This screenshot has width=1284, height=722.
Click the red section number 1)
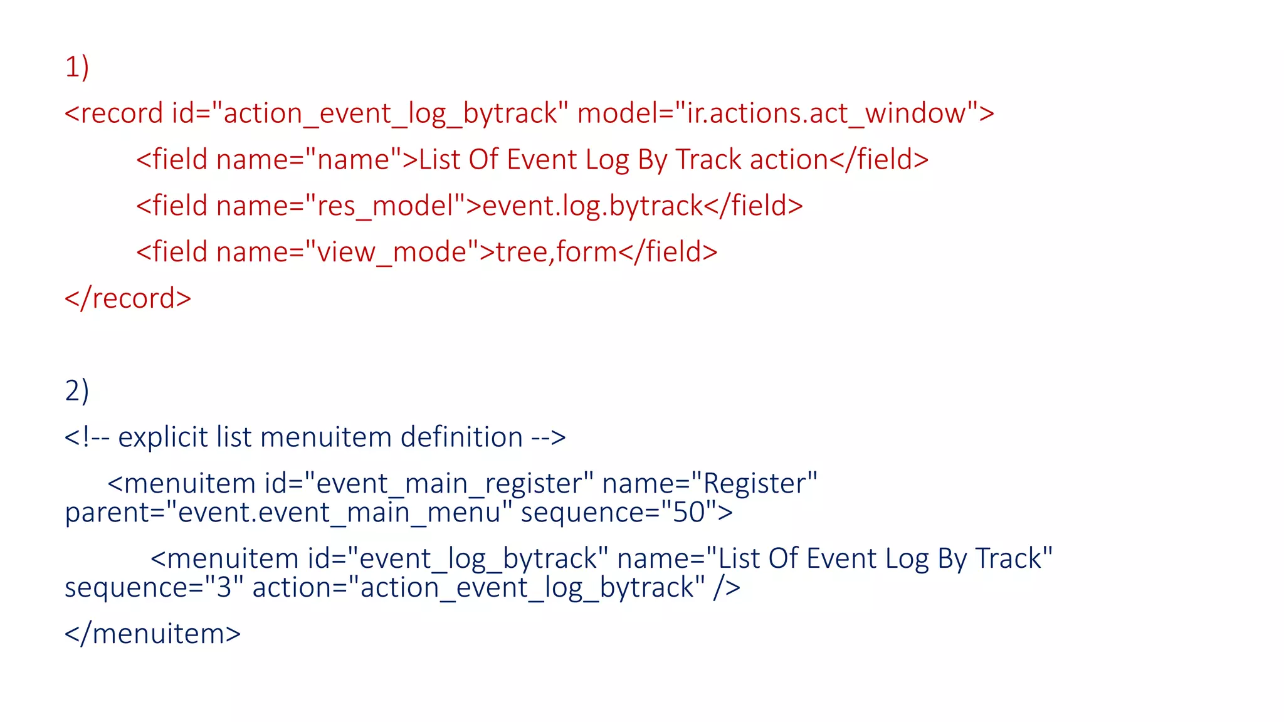[76, 67]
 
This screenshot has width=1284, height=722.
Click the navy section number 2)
[76, 391]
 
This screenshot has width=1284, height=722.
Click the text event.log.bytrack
[592, 206]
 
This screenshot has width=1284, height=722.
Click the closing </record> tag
[128, 298]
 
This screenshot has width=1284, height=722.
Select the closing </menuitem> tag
[152, 634]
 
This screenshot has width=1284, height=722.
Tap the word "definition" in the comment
[461, 437]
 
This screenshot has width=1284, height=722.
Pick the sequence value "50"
[689, 513]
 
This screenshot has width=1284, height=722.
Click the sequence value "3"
[224, 588]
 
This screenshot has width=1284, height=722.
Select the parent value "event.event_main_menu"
[339, 513]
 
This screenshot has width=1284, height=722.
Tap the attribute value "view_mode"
[392, 253]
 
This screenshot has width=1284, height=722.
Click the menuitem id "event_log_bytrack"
[477, 559]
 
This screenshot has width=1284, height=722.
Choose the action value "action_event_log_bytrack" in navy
[527, 588]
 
